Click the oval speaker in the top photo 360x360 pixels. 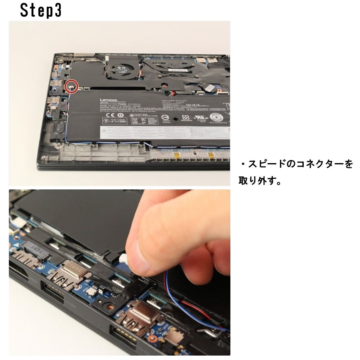pos(60,128)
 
